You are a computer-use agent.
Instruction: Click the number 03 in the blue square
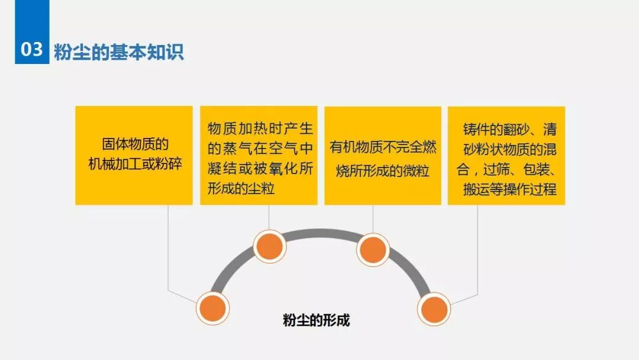[32, 50]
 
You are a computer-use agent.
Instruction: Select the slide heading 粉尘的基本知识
[119, 52]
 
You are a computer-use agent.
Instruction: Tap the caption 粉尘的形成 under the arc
[317, 320]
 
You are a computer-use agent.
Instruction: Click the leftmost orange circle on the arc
[212, 307]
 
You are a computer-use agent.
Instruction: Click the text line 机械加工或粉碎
[135, 165]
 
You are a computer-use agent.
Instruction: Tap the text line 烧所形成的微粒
[382, 172]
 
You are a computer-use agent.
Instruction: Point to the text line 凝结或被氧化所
[260, 169]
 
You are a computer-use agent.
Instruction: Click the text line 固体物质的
[135, 144]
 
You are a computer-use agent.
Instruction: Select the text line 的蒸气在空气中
[260, 149]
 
